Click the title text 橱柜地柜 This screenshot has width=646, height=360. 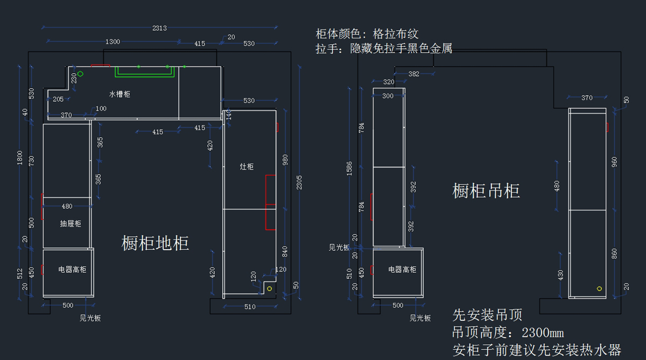155,243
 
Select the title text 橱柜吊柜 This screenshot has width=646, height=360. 486,190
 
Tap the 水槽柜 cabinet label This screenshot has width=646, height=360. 120,94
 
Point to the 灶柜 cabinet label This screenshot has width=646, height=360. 247,167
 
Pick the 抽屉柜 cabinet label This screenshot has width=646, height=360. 70,223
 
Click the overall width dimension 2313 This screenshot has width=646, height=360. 159,28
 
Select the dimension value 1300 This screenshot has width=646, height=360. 113,41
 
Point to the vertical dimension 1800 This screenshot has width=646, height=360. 20,157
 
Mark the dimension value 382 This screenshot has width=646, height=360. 413,74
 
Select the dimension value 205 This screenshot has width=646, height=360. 58,100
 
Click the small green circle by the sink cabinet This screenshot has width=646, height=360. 80,74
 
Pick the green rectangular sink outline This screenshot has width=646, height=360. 145,72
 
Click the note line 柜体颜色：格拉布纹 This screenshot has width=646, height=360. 367,34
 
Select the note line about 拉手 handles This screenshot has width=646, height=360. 383,48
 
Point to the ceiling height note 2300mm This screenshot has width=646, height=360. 508,333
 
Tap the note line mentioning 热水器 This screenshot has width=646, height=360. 537,350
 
